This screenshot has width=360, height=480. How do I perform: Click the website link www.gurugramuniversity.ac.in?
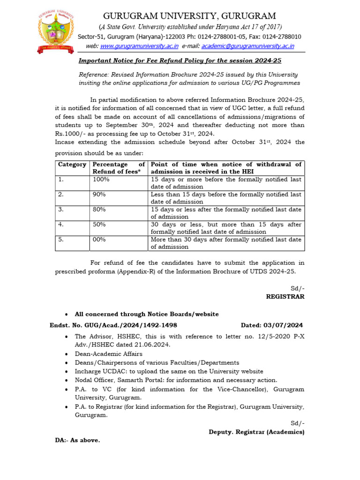coord(139,46)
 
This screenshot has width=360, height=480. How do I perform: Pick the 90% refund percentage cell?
coord(99,195)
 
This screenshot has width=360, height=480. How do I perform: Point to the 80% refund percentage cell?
coord(99,210)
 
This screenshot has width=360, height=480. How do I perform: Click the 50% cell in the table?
coord(99,225)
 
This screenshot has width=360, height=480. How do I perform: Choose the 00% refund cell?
coord(99,240)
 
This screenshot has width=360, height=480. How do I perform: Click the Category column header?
coord(72,165)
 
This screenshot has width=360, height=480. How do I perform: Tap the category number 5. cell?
coord(60,240)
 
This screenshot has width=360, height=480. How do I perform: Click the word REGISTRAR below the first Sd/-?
coord(285,297)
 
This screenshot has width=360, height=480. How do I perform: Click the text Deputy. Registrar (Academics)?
coord(256,432)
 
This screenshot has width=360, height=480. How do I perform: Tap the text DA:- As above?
coord(77,441)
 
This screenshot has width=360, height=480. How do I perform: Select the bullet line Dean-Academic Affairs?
coord(108,354)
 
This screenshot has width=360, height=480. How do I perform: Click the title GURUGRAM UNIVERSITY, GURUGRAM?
coord(189,16)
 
